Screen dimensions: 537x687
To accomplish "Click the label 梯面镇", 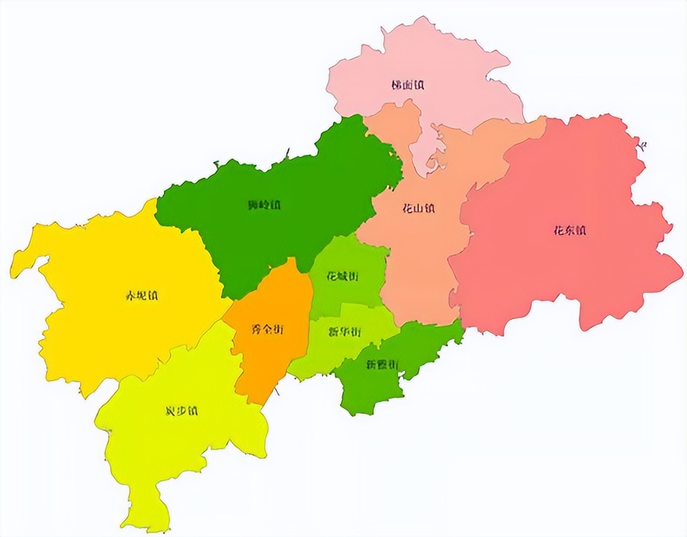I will click(408, 85).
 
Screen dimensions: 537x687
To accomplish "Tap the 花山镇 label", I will click(418, 208).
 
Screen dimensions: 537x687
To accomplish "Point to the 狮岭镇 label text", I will click(265, 205).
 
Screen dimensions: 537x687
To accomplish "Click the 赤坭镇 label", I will click(141, 296).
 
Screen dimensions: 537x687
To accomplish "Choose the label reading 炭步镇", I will click(181, 411).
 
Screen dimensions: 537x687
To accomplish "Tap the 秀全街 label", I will click(267, 330).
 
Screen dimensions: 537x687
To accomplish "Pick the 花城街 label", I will click(342, 277).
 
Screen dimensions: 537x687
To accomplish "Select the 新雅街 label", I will click(382, 365).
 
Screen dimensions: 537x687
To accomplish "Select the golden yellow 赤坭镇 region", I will click(123, 333).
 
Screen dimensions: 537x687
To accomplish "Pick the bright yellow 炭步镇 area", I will click(161, 451).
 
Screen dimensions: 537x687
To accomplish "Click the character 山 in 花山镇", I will click(418, 208).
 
